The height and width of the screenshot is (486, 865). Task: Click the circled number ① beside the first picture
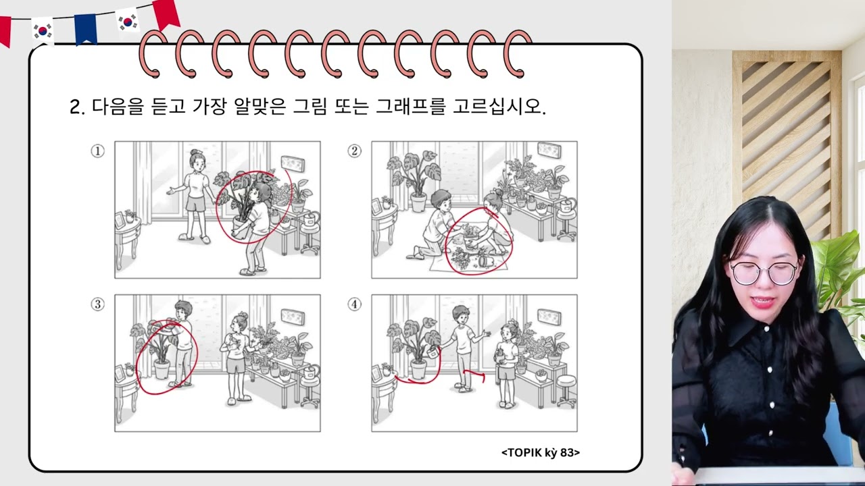click(x=97, y=151)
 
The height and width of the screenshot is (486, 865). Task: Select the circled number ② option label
click(x=355, y=151)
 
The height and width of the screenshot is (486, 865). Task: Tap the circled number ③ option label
click(x=97, y=304)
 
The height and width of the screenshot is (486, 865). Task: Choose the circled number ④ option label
click(x=355, y=304)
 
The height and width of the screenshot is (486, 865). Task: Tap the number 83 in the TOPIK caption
click(x=567, y=452)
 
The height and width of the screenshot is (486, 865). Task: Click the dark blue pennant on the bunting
click(x=85, y=29)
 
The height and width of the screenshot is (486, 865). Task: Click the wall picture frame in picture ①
click(x=293, y=163)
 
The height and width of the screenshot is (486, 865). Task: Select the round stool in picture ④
click(x=566, y=390)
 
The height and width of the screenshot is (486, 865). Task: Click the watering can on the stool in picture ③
click(x=311, y=372)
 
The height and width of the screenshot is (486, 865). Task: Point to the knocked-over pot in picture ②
click(x=486, y=261)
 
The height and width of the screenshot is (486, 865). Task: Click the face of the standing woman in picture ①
click(x=198, y=165)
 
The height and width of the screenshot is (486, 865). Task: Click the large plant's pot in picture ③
click(x=162, y=369)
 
